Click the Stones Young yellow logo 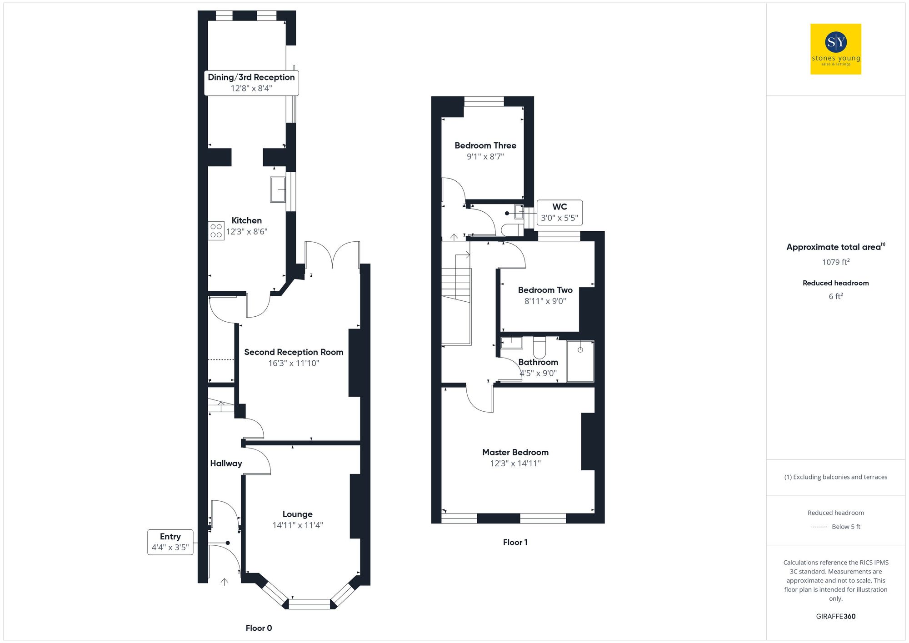(x=835, y=49)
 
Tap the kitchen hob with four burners (x=216, y=231)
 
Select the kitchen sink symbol (x=278, y=189)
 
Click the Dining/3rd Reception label (x=251, y=77)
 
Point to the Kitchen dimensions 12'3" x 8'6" (x=247, y=232)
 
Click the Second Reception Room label (x=294, y=352)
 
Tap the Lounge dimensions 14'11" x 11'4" (x=298, y=525)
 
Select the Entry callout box (x=170, y=542)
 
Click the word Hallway (x=226, y=464)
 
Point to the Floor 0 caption (x=259, y=628)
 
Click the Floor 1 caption (x=515, y=542)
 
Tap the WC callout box (x=559, y=212)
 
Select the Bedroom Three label (x=485, y=145)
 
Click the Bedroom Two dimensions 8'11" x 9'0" (x=545, y=301)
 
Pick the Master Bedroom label (x=515, y=452)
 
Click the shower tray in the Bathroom (x=580, y=361)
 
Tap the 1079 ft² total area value (x=835, y=262)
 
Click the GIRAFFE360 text (x=835, y=617)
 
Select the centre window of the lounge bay (x=310, y=604)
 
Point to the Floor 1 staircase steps (x=456, y=284)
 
